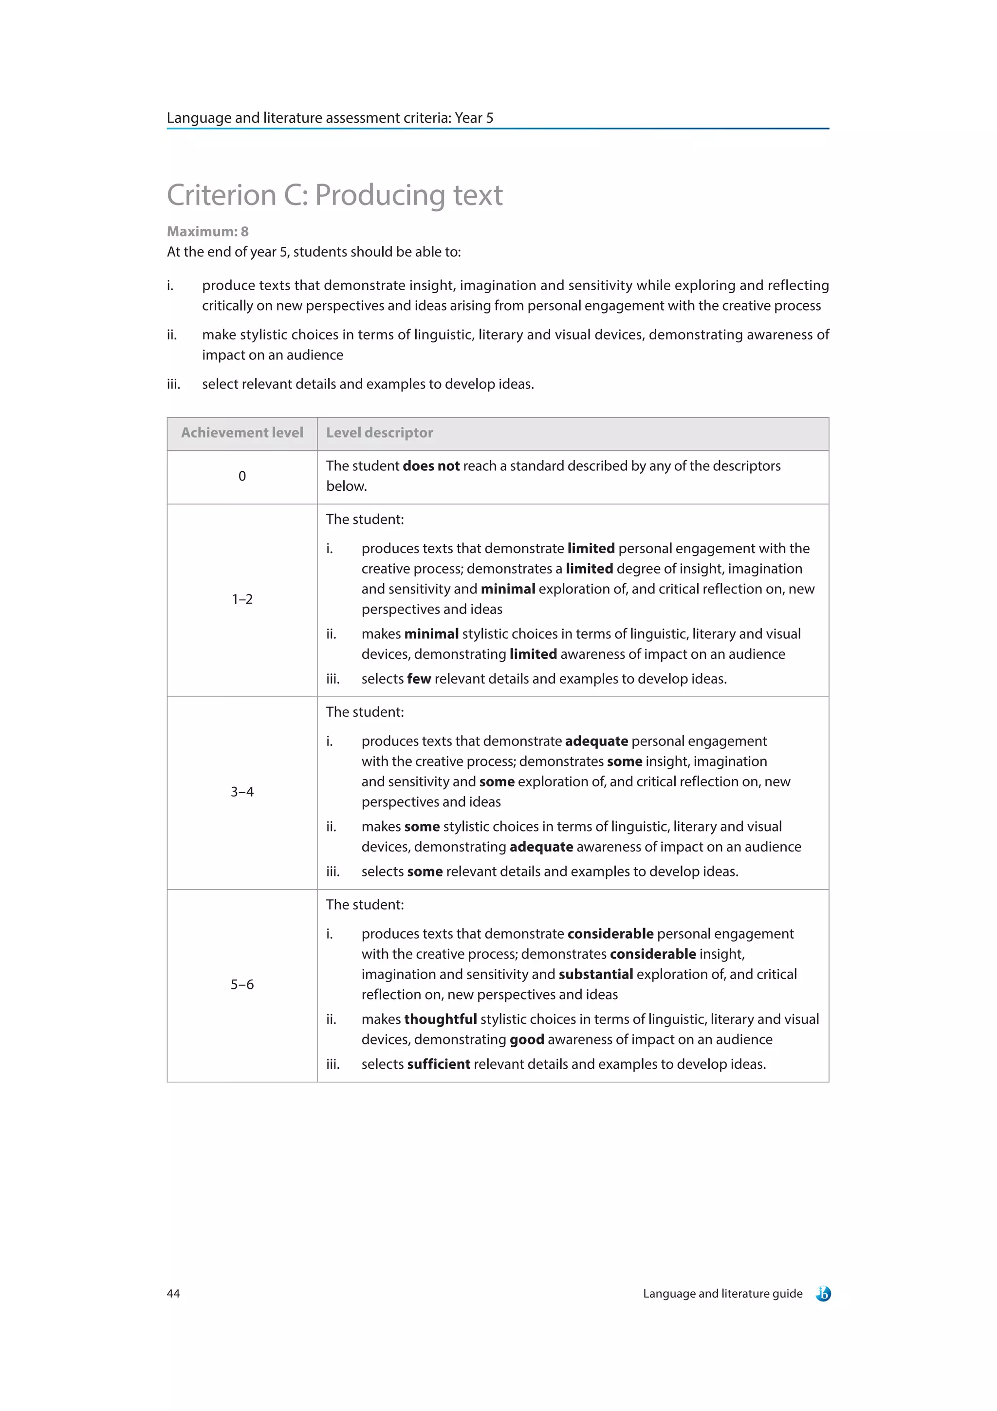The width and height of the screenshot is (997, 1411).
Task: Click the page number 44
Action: coord(173,1293)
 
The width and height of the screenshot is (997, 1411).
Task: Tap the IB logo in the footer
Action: coord(823,1293)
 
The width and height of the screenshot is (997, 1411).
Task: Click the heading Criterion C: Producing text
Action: coord(335,195)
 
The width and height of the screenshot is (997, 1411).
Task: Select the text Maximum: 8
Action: coord(208,232)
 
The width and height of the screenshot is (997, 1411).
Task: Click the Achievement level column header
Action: coord(242,433)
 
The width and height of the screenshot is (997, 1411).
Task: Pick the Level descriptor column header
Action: coord(379,433)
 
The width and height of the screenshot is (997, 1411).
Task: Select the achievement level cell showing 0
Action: coord(242,476)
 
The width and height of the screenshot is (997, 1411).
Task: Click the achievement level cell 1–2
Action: coord(242,599)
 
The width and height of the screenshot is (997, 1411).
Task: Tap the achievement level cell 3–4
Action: coord(242,792)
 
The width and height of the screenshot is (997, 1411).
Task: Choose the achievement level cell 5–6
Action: coord(242,984)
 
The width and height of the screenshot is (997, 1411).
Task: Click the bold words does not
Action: coord(431,466)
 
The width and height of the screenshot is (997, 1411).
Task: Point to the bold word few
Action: coord(419,679)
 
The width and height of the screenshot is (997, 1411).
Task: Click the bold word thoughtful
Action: coord(441,1019)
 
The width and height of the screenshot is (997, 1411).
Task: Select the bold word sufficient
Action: coord(439,1064)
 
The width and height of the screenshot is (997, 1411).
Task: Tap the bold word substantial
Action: coord(595,974)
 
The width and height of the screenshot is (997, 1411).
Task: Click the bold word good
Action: coord(526,1039)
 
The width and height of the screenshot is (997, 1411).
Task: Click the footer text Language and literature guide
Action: coord(722,1293)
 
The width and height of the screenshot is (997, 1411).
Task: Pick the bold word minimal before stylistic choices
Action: coord(431,633)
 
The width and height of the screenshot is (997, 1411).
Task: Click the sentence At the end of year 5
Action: coord(314,252)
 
